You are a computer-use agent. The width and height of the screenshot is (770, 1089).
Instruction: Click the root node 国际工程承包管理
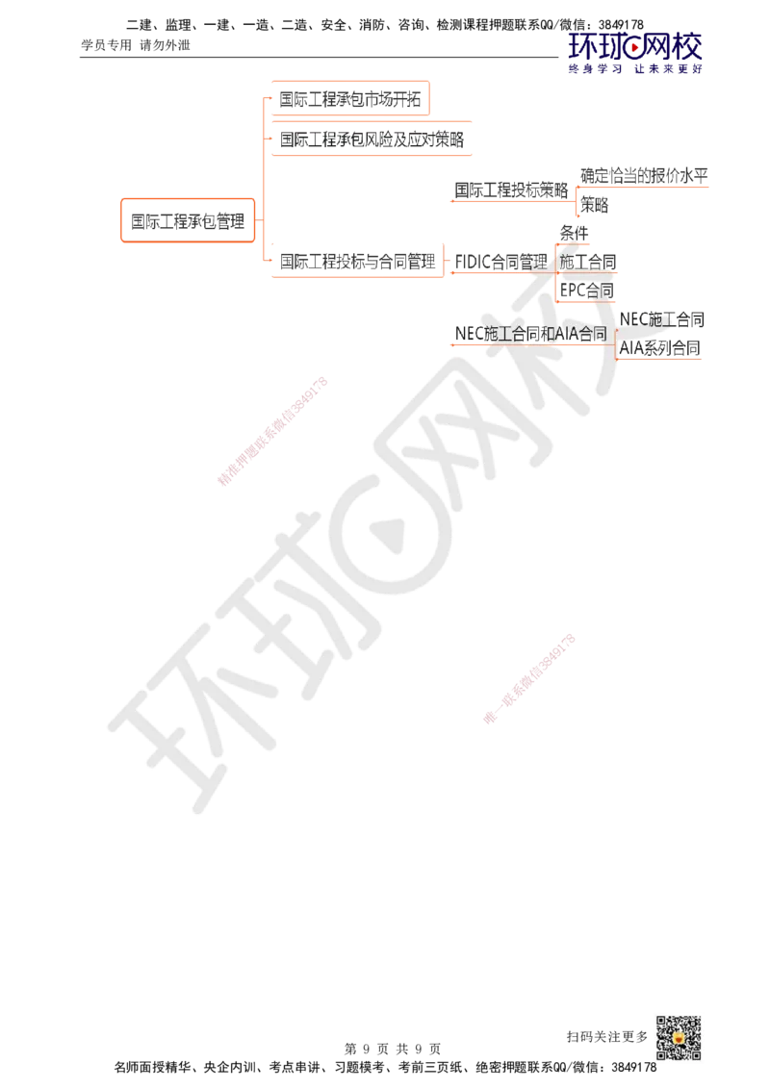(x=188, y=221)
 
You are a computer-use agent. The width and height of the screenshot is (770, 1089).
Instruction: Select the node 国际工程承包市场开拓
(x=350, y=99)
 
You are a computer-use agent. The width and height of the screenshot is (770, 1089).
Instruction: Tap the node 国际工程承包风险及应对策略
(x=372, y=139)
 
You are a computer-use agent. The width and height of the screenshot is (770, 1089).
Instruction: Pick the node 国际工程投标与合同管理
(x=357, y=261)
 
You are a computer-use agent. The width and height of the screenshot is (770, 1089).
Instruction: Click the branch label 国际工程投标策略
(x=511, y=190)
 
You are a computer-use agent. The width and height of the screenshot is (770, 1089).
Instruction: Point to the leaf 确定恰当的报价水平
(x=644, y=176)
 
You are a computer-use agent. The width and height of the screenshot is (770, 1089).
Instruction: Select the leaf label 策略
(x=594, y=205)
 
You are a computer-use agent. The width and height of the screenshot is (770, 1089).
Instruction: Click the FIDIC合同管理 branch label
(x=501, y=262)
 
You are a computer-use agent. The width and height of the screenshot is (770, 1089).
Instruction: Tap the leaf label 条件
(x=574, y=234)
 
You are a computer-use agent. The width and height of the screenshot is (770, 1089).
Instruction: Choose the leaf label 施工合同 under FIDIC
(x=588, y=262)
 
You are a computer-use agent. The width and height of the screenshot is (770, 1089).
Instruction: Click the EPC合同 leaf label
(x=586, y=291)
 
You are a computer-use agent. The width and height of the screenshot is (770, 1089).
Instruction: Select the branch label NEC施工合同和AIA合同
(x=530, y=334)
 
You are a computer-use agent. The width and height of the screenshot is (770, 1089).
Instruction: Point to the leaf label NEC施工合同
(x=661, y=319)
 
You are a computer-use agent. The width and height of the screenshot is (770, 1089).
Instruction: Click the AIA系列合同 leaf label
(x=659, y=348)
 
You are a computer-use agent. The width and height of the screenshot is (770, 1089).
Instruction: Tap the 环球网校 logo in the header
(x=635, y=46)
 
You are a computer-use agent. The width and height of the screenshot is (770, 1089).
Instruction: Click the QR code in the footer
(x=679, y=1038)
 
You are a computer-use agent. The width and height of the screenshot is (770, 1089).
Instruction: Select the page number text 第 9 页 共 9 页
(x=393, y=1049)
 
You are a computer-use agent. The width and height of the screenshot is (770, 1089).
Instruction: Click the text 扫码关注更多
(x=606, y=1037)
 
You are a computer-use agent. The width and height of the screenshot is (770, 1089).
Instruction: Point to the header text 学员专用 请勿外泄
(x=136, y=45)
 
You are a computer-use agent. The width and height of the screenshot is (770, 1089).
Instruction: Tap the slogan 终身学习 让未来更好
(x=635, y=68)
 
